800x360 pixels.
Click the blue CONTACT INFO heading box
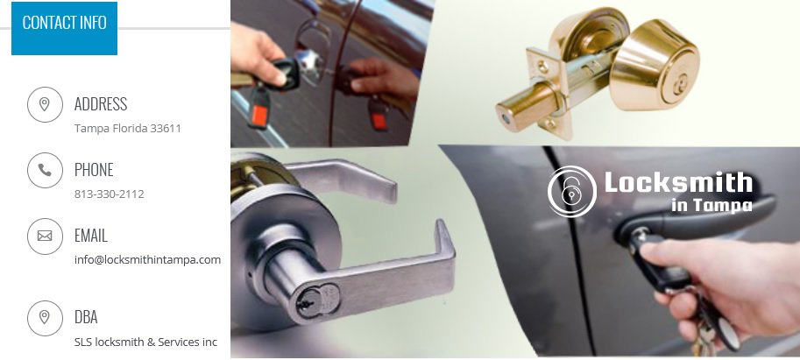coord(64,28)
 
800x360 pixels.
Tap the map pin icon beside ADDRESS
coord(45,104)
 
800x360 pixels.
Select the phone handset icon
coord(45,170)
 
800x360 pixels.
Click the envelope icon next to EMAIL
coord(45,236)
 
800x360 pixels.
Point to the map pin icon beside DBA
coord(45,318)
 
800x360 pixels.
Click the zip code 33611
coord(166,128)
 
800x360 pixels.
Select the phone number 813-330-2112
coord(110,194)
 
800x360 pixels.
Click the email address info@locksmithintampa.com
coord(147,259)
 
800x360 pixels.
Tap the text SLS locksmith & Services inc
coord(146,342)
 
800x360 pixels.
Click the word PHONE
coord(94,170)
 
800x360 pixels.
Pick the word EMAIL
coord(91,236)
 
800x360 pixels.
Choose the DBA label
coord(86,317)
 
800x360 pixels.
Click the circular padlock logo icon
coord(572,191)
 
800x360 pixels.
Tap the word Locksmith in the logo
coord(678,182)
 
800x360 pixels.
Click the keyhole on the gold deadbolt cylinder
coord(678,85)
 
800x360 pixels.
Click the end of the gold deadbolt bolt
coord(505,117)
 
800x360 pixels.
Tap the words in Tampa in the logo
coord(712,205)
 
